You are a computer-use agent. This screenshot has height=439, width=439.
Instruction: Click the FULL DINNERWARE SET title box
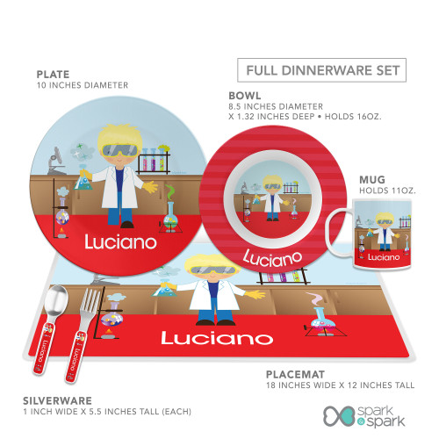321,70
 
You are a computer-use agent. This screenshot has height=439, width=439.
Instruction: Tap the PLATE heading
53,75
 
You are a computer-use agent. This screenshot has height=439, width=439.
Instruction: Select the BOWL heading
245,96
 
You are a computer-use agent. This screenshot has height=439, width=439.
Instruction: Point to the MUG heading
372,179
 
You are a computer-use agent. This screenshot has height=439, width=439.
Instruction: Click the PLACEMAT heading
295,374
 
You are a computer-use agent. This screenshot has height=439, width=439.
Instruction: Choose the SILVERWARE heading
57,400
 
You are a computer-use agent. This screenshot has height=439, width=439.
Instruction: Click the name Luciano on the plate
120,241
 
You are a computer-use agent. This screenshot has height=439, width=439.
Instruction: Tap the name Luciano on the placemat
217,338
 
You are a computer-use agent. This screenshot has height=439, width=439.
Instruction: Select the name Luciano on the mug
384,257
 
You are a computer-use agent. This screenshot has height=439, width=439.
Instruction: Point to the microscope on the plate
55,161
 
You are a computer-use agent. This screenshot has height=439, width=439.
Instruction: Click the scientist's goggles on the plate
120,151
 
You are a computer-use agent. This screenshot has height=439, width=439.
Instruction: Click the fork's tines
90,301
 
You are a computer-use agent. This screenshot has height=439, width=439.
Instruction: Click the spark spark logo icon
340,416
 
